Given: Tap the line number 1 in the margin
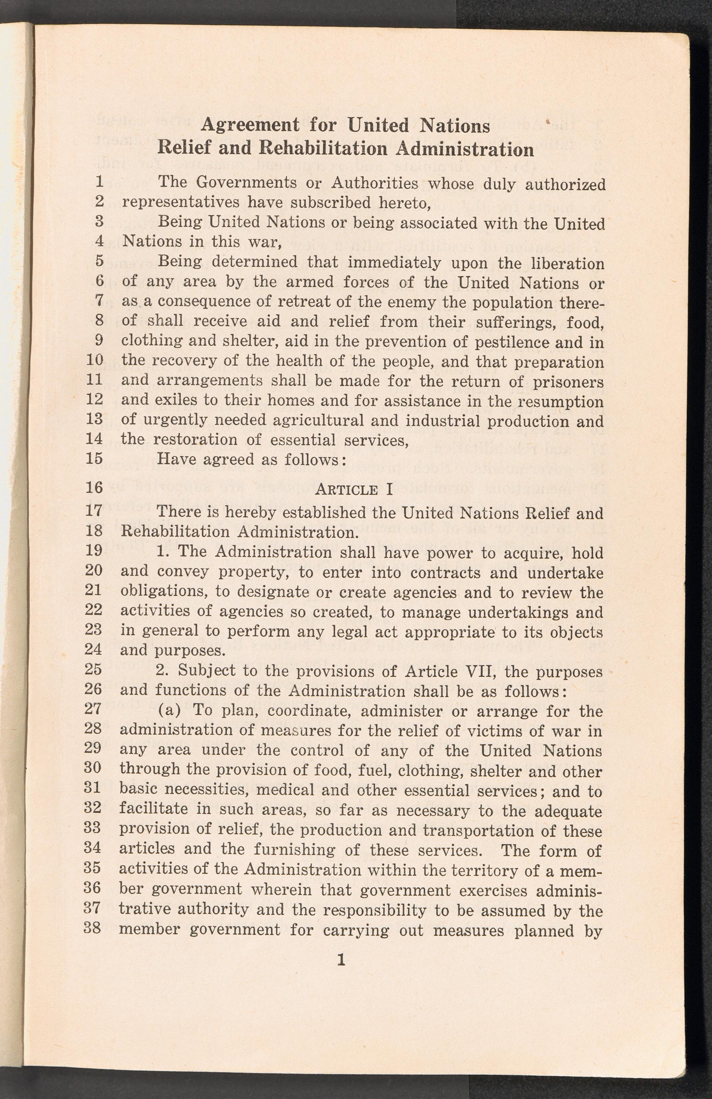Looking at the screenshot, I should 99,181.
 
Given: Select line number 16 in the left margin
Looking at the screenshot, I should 94,488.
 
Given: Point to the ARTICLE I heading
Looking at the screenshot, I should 354,489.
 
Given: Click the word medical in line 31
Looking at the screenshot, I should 284,791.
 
